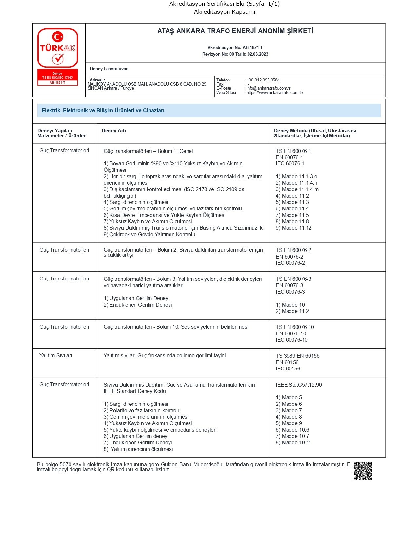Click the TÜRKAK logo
[x=58, y=48]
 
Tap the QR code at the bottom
[x=363, y=471]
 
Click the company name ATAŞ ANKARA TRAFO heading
[x=235, y=31]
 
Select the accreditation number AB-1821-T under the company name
[x=252, y=48]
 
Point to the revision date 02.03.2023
[x=258, y=54]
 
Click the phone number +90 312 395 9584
[x=263, y=80]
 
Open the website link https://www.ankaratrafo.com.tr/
[x=274, y=93]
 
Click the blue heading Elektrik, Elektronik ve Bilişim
[x=103, y=111]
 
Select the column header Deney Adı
[x=114, y=131]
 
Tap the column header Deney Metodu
[x=315, y=133]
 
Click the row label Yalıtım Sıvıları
[x=56, y=356]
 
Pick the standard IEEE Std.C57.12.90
[x=299, y=385]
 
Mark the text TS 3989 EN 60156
[x=297, y=356]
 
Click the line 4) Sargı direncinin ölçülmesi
[x=136, y=202]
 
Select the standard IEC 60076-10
[x=291, y=340]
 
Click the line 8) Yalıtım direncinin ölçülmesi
[x=138, y=449]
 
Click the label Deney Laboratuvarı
[x=109, y=69]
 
